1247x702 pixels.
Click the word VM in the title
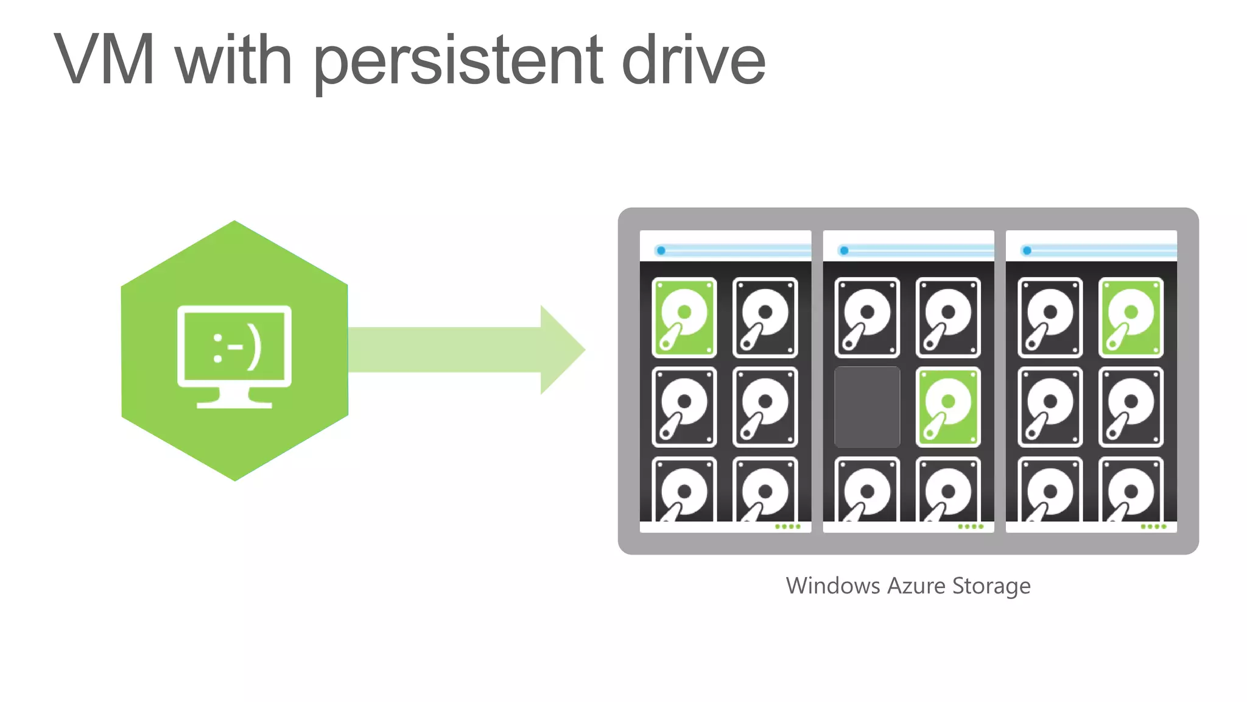tap(105, 60)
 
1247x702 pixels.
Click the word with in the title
tap(234, 60)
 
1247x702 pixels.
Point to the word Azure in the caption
tap(916, 586)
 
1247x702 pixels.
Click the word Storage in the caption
tap(991, 586)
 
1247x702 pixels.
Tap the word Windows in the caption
tap(832, 586)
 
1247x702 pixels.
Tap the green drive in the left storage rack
tap(684, 317)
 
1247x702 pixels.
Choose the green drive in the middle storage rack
tap(948, 406)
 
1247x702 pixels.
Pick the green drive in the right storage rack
tap(1131, 317)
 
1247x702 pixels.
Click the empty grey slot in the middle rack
tap(867, 406)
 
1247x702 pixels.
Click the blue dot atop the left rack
tap(661, 250)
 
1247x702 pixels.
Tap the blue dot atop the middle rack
tap(844, 250)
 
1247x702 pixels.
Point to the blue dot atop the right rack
tap(1027, 250)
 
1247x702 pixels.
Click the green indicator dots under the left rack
tap(788, 526)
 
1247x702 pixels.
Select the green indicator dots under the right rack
tap(1154, 526)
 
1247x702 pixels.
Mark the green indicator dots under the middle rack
tap(971, 526)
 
